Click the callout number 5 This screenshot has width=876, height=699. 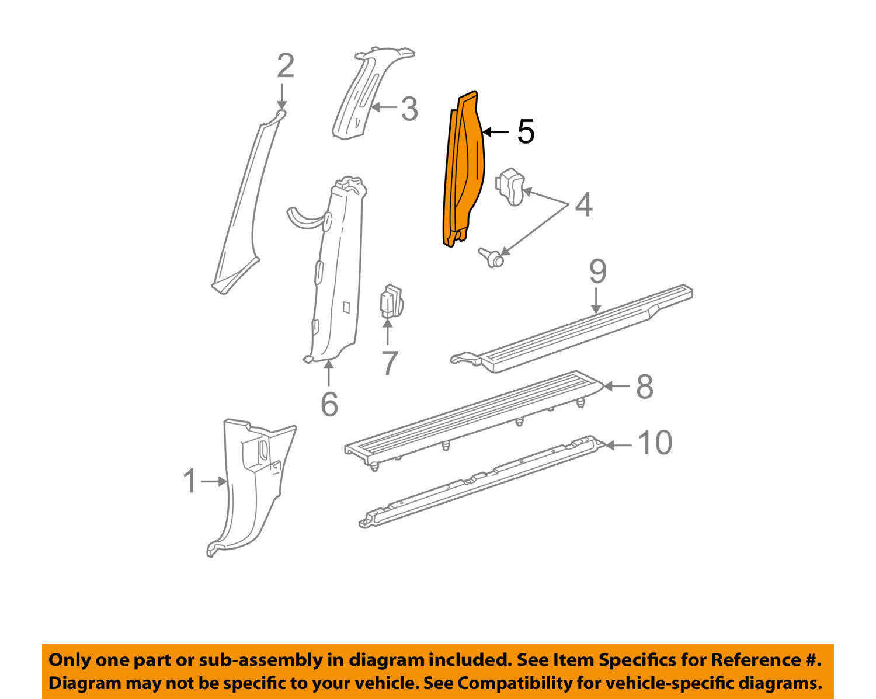pos(526,131)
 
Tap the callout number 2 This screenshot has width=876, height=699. pos(286,66)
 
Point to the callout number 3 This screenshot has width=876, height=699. pos(409,109)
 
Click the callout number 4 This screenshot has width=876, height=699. pos(583,205)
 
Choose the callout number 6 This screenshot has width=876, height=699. pos(329,404)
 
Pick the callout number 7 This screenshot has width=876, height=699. pos(389,363)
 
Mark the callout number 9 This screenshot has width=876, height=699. pos(598,272)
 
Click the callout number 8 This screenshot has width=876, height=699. pos(645,387)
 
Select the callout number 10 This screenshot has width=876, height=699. pos(655,443)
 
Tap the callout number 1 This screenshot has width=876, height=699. pos(190,481)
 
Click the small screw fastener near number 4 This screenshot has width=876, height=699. pos(492,258)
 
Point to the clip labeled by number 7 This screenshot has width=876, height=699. pos(391,302)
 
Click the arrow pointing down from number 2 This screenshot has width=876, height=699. pos(281,96)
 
